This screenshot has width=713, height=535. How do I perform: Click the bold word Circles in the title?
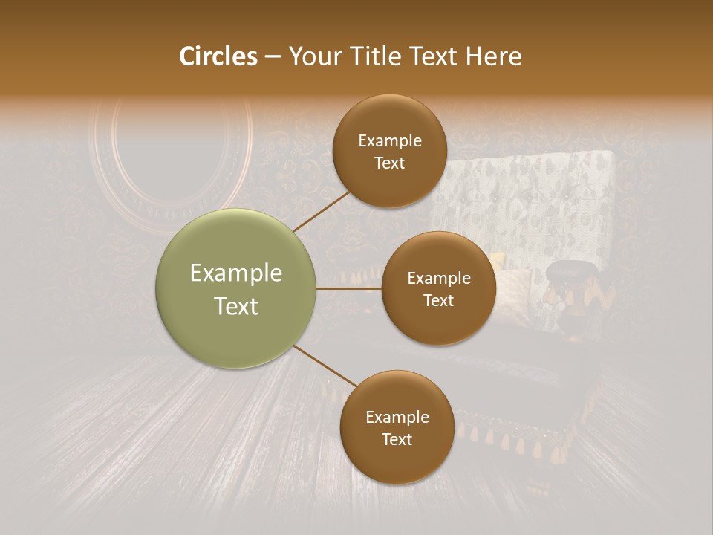218,56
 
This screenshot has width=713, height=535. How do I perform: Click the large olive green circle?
236,288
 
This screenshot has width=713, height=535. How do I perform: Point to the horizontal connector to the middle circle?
348,288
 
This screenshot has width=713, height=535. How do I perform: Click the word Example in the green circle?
236,273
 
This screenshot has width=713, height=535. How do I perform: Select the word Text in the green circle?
236,306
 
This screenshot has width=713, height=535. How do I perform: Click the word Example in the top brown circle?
390,141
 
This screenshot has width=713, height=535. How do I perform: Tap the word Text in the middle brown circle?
439,301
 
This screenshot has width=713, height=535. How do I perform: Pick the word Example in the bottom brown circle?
397,418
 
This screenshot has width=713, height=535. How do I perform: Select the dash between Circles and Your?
273,57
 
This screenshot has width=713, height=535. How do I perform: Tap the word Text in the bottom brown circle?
397,440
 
